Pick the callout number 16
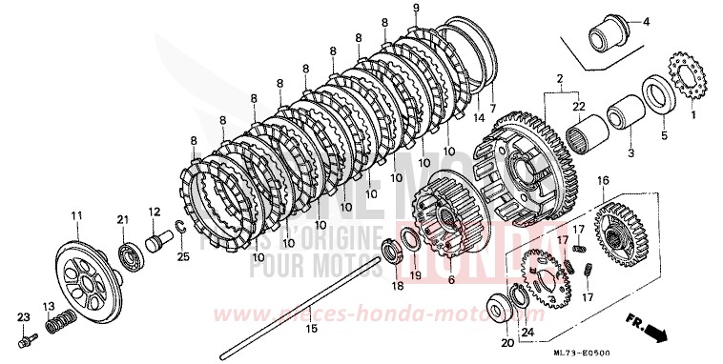[x=602, y=180]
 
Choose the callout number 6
[x=452, y=284]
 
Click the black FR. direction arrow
[x=655, y=333]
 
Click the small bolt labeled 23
[x=29, y=337]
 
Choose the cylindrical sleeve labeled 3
[x=626, y=111]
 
